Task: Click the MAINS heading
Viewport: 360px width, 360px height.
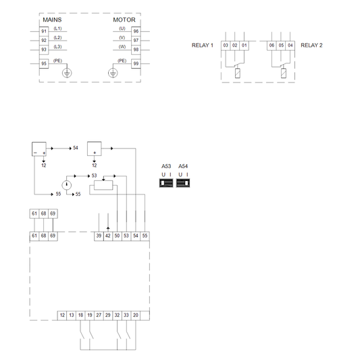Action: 52,20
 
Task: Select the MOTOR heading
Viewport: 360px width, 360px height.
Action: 124,20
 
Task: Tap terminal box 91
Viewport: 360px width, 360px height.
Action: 44,31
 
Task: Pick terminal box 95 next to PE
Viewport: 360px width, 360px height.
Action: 44,63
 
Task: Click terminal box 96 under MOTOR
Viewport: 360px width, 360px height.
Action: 136,31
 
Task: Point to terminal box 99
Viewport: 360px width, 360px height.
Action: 136,63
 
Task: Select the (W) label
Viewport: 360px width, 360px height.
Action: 122,47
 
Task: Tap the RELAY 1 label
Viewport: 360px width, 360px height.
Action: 203,45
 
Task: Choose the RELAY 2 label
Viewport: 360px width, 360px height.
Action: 311,45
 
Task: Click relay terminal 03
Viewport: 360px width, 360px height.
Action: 226,45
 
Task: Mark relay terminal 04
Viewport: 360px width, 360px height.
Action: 290,45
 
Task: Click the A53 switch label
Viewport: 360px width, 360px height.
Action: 166,167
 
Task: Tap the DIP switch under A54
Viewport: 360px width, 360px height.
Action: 183,182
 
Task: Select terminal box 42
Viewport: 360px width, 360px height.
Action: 108,235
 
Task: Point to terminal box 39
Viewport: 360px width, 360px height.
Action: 99,235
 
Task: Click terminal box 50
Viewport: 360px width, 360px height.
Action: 117,235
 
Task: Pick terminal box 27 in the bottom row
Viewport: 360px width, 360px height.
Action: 99,315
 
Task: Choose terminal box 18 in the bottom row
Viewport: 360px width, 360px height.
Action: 80,315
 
